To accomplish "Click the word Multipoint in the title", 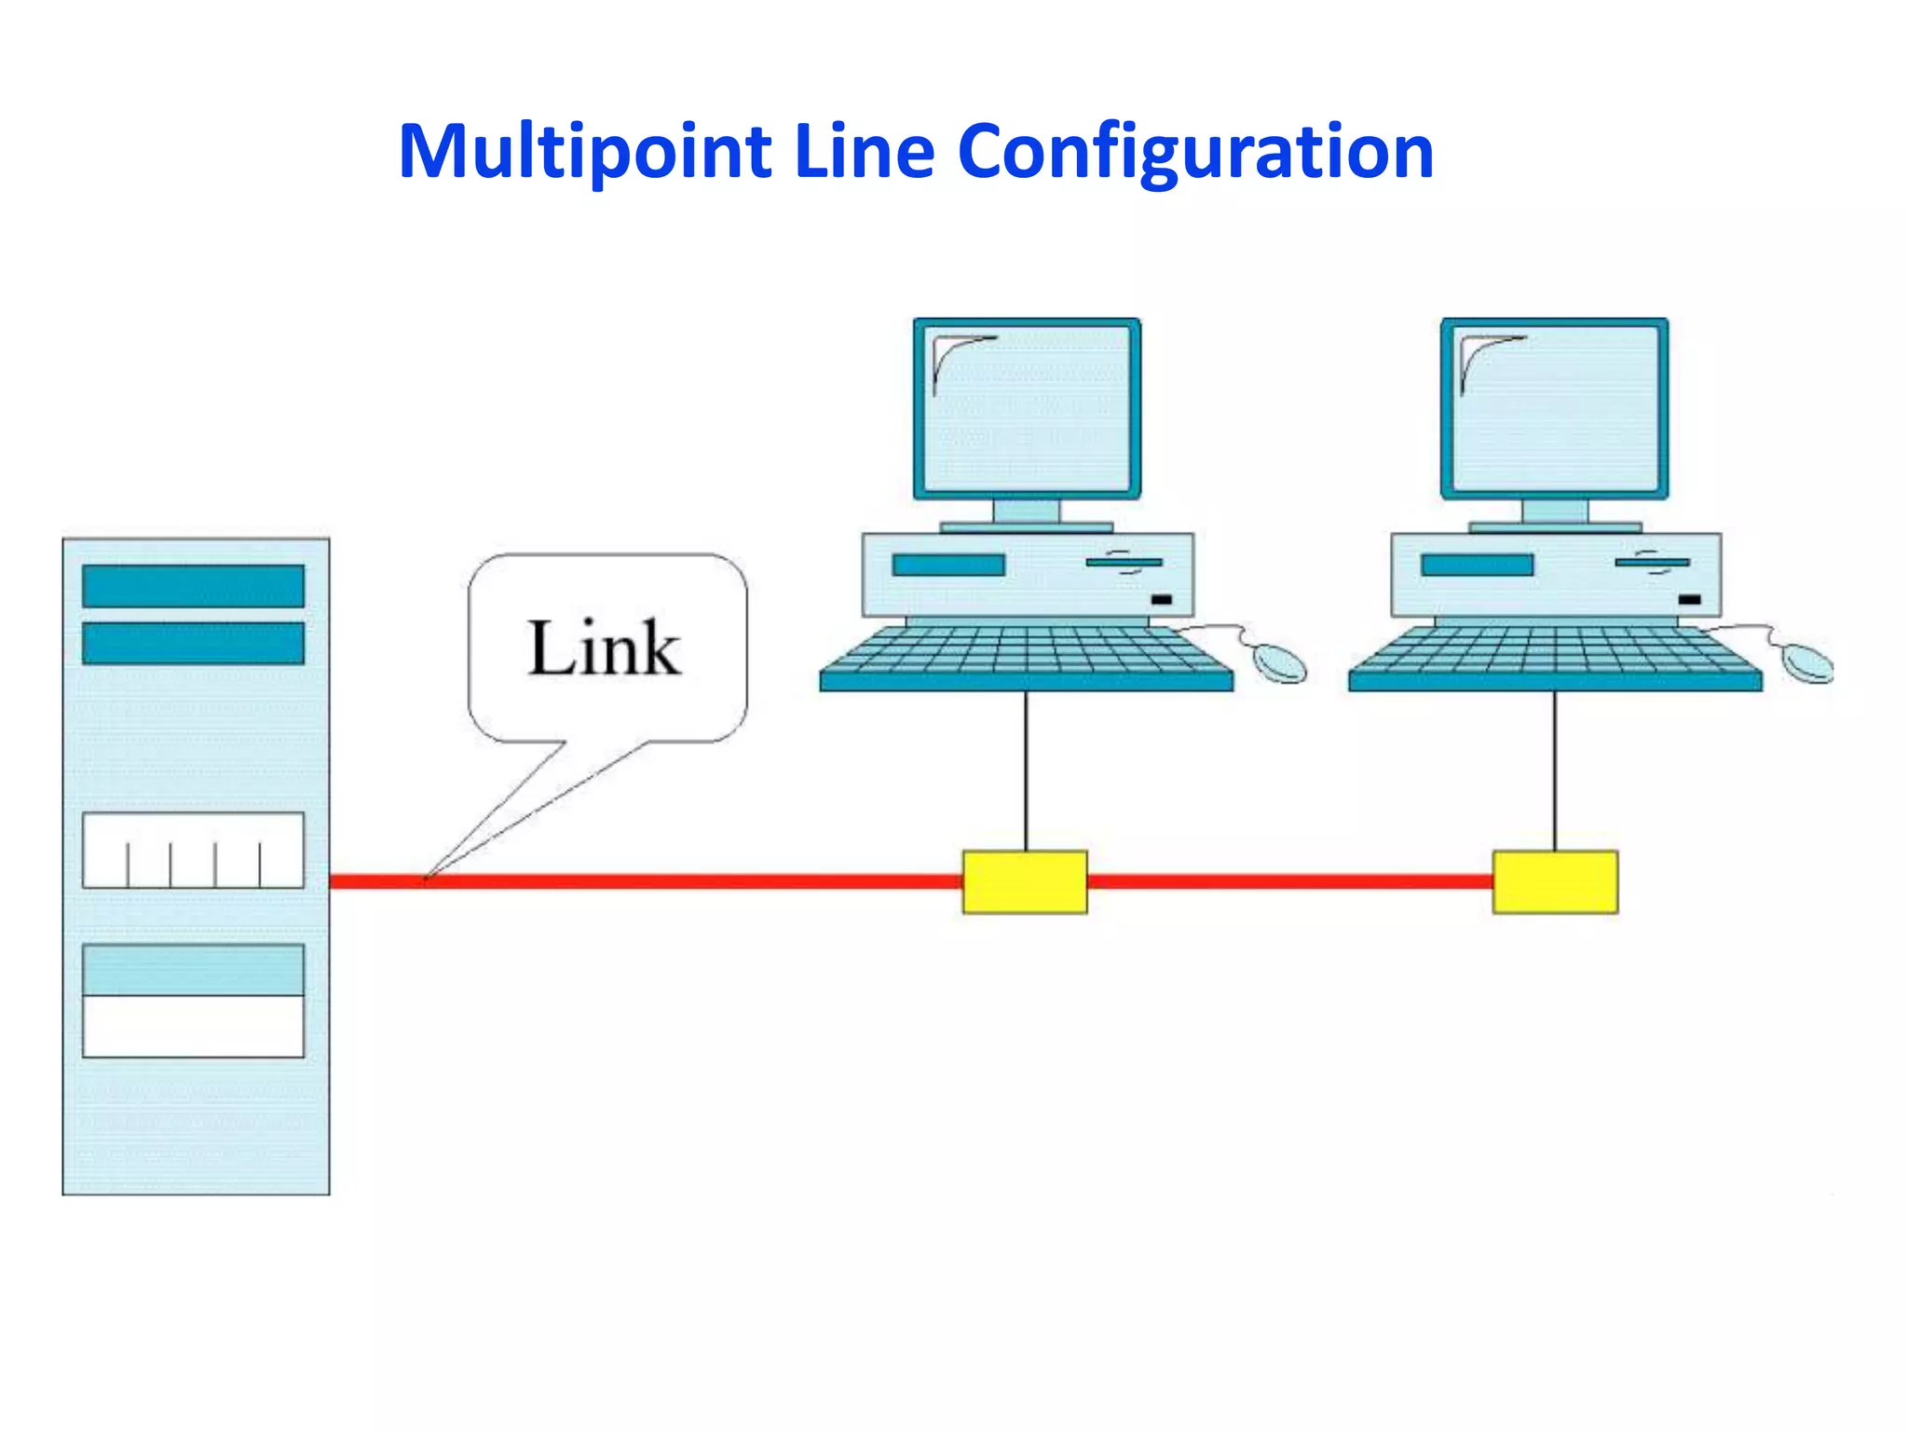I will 584,152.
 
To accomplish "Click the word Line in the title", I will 864,152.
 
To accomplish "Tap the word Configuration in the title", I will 1195,152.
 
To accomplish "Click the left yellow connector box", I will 1024,881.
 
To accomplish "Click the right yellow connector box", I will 1555,881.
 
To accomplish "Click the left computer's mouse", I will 1279,662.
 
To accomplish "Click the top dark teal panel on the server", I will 193,585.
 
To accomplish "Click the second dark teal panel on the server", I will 193,644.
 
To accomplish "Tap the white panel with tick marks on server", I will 193,850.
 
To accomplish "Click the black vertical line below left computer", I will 1027,770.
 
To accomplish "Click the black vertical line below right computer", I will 1554,770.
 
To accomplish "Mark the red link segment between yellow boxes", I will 1289,881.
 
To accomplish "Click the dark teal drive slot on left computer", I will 948,565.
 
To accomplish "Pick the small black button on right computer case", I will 1689,600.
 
